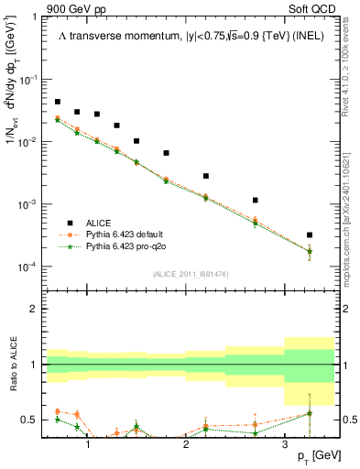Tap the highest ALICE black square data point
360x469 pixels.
[x=58, y=102]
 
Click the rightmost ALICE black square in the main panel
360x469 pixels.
[x=310, y=235]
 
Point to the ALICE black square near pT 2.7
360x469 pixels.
[x=255, y=200]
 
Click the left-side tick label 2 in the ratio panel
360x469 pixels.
[x=35, y=309]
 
